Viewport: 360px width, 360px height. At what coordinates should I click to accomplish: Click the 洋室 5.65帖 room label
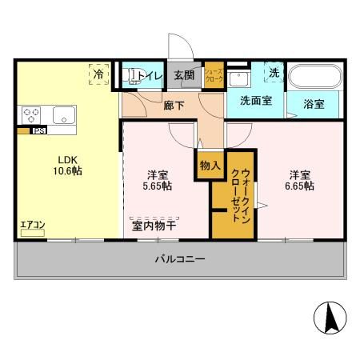(x=156, y=180)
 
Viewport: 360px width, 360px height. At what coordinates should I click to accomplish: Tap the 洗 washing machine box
(x=274, y=73)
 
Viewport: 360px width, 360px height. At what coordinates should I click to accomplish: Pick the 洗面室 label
(x=256, y=102)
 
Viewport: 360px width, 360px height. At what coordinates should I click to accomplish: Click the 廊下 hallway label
(x=174, y=103)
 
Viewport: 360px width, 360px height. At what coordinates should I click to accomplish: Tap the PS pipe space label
(x=38, y=130)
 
